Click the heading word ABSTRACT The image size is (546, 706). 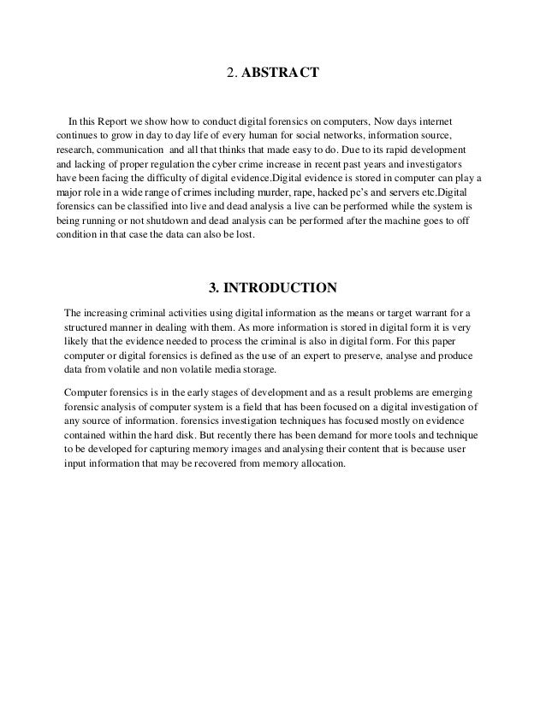pos(281,74)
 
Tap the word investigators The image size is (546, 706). pos(434,162)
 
